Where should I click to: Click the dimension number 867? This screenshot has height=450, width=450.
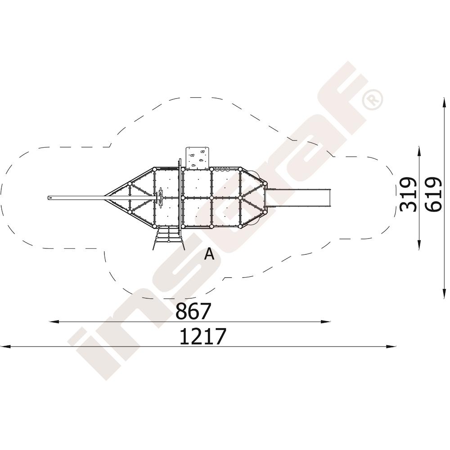(x=193, y=311)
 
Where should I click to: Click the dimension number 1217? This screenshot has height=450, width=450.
(x=203, y=336)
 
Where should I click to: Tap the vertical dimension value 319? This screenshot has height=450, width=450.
(x=408, y=194)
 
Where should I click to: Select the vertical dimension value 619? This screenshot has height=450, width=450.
(x=433, y=194)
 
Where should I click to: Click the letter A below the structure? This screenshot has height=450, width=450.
(x=209, y=254)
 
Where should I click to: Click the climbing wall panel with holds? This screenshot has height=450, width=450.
(x=197, y=157)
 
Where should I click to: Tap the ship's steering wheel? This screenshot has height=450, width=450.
(x=161, y=198)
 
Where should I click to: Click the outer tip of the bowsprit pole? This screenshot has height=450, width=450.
(x=48, y=198)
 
